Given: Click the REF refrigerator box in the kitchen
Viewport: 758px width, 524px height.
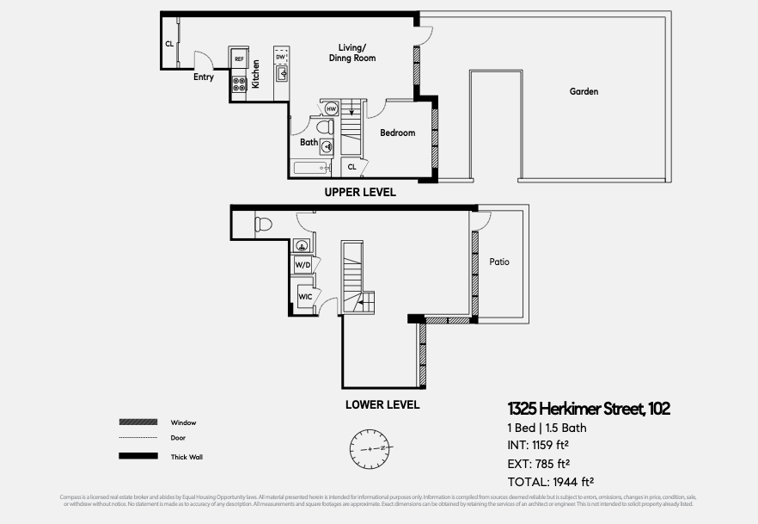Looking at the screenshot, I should tap(239, 59).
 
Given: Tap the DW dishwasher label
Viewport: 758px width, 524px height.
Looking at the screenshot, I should tap(281, 57).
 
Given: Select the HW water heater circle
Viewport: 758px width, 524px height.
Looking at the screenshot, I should tap(331, 109).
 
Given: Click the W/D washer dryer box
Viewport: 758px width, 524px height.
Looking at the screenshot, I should tap(303, 266).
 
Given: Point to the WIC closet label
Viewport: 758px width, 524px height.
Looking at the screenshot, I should tap(304, 297).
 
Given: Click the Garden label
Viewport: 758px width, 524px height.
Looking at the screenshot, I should tap(584, 91).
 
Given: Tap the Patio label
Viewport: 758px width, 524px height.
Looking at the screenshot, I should tap(499, 262).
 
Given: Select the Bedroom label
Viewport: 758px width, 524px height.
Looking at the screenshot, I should tap(397, 133).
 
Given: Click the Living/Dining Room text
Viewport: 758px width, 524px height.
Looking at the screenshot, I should tap(352, 52).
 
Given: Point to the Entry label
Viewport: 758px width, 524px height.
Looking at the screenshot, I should tap(203, 77).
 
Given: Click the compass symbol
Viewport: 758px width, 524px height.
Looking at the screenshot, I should tap(370, 448).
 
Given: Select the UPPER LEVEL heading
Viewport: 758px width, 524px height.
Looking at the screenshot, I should tap(360, 193).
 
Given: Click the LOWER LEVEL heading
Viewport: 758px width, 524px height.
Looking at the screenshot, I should tap(382, 404).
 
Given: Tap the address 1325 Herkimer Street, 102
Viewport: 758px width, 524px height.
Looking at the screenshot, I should tap(588, 409).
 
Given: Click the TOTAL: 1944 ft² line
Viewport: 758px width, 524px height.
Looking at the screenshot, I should tap(551, 483).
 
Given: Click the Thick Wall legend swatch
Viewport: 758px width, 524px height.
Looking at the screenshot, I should tap(138, 457).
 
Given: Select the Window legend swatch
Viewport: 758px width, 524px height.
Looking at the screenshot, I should tap(138, 422).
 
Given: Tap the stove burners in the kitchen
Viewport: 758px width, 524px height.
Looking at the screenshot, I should tap(239, 84).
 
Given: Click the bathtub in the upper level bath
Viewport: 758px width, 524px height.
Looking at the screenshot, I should tap(312, 168).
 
